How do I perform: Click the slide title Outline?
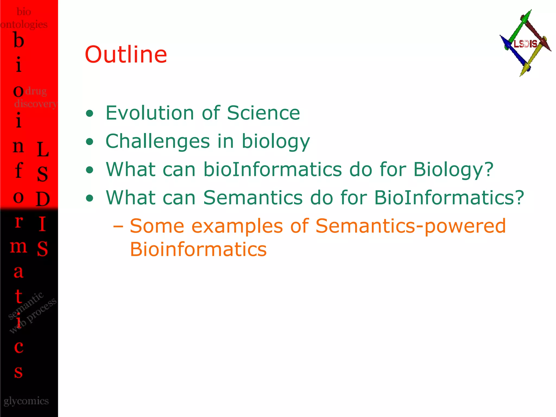[126, 55]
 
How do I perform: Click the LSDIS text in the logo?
[525, 44]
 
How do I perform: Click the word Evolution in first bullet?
[150, 113]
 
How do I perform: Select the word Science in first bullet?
[263, 113]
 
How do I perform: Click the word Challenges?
[157, 141]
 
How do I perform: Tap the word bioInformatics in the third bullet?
[273, 169]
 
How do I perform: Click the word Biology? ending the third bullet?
[453, 170]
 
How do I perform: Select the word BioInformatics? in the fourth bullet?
[449, 198]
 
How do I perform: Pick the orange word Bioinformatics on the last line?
[198, 249]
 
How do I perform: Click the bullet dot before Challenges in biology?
[89, 141]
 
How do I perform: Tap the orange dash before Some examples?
[118, 226]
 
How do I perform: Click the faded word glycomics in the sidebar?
[26, 401]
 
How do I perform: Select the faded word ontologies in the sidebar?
[24, 25]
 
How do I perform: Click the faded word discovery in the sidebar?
[35, 104]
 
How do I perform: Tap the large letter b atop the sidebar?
[18, 40]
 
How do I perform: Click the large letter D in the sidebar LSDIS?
[43, 199]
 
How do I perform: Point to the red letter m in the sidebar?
[18, 247]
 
